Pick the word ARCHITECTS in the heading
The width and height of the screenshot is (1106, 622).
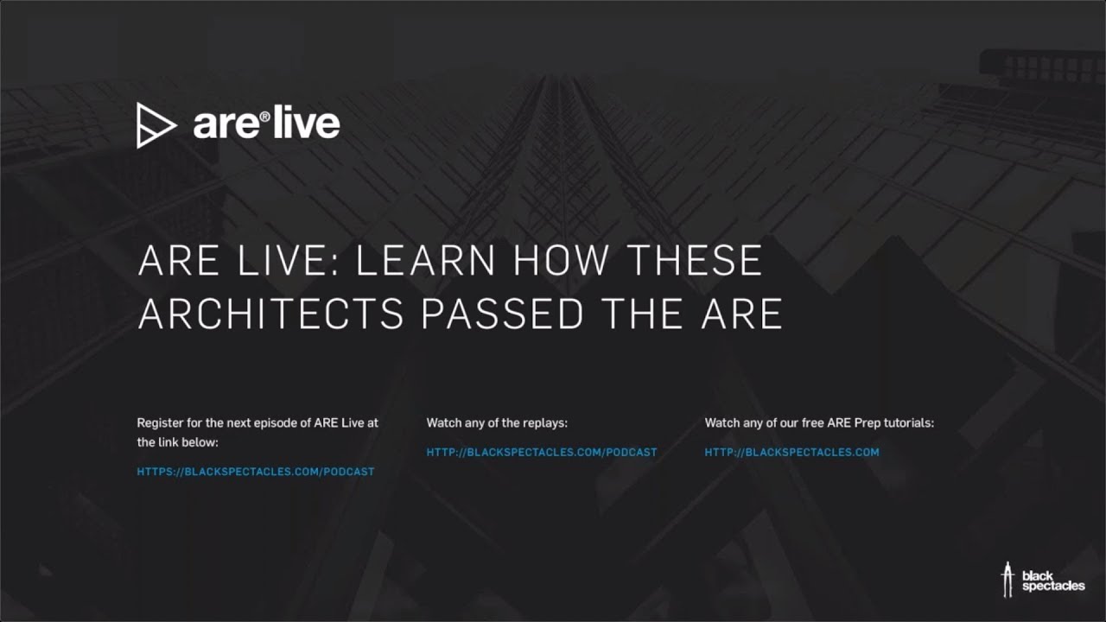(271, 314)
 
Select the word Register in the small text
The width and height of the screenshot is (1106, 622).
(160, 423)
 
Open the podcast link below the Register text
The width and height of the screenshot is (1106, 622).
(256, 472)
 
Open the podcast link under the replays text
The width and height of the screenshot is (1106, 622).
(542, 452)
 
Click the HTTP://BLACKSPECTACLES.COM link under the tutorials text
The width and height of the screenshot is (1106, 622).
(791, 452)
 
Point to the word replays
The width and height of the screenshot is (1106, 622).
(543, 423)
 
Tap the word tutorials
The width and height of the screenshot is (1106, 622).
(907, 423)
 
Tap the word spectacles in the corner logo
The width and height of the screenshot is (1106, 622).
(1052, 587)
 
